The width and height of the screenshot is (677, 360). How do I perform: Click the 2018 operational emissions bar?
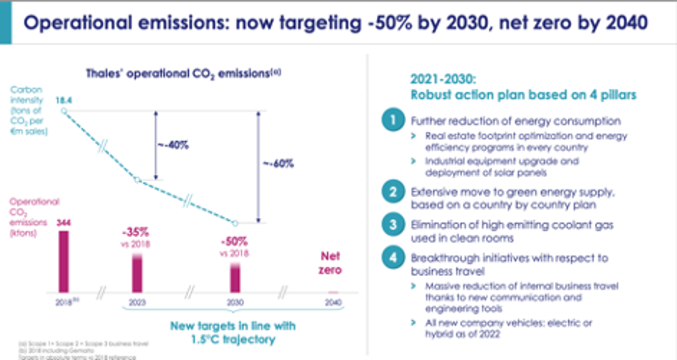click(64, 262)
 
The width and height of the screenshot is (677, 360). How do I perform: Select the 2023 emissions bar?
click(137, 273)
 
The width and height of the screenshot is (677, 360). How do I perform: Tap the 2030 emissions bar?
click(235, 277)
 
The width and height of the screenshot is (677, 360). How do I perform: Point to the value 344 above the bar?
click(64, 222)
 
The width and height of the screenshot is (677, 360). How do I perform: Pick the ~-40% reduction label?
click(173, 145)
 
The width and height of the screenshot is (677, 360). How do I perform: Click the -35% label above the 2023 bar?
click(136, 234)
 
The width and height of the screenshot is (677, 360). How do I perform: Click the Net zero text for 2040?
click(331, 263)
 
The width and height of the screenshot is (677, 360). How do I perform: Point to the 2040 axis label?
click(333, 303)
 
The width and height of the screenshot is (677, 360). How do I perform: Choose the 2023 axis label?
click(137, 303)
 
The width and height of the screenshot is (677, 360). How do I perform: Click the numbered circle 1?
click(393, 120)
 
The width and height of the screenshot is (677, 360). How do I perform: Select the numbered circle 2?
click(393, 191)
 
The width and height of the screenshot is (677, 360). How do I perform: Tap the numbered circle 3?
click(393, 225)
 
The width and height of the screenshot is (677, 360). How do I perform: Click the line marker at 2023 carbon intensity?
click(138, 180)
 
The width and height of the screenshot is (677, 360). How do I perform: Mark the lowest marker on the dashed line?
click(235, 223)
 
